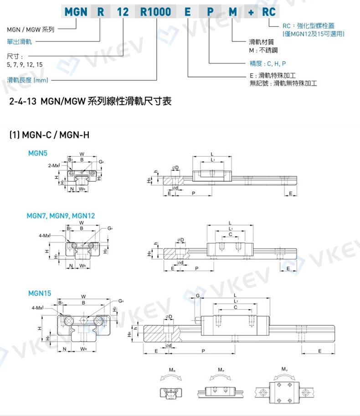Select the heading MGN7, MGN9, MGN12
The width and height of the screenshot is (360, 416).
coord(61,215)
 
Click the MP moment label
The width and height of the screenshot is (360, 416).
coord(221,370)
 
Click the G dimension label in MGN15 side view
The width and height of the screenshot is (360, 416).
coord(197,296)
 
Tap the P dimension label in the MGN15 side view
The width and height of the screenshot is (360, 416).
coord(203,351)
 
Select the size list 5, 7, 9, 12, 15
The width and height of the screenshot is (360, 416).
coord(26,65)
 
